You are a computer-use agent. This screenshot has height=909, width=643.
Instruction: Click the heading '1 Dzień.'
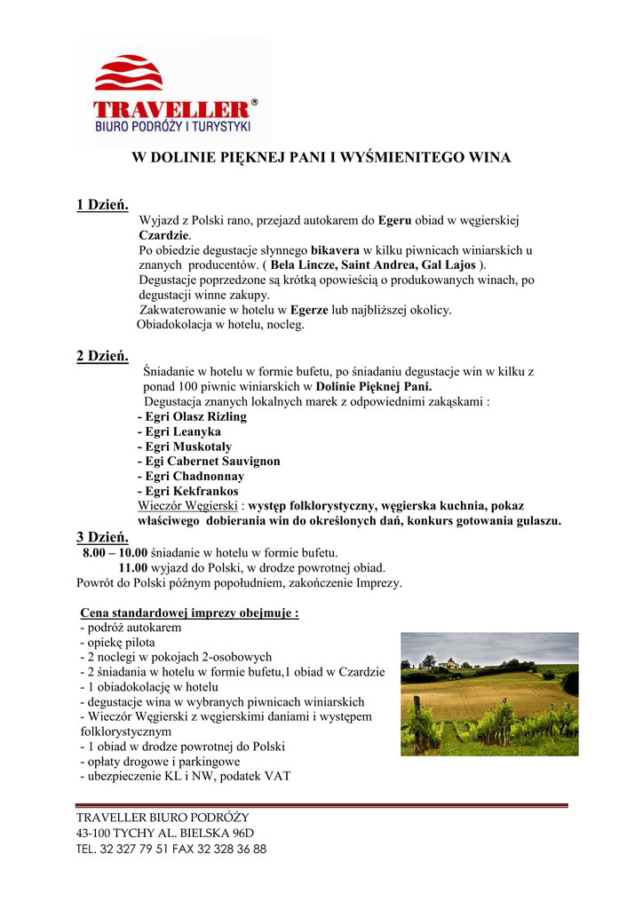coord(103,205)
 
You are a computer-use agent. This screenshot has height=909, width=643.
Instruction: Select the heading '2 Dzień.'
coord(103,356)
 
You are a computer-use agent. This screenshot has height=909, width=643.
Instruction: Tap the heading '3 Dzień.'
coord(103,536)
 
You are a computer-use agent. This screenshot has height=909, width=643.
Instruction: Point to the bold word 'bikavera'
coord(335,250)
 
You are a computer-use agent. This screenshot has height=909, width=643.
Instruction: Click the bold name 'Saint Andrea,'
coord(377,265)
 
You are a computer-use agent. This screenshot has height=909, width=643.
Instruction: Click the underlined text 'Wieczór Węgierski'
coord(187,506)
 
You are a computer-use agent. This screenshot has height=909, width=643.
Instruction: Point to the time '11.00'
coord(133,567)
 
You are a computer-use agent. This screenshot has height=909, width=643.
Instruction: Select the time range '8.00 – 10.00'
coord(115,552)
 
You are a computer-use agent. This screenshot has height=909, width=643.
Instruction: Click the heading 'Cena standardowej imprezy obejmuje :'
coord(189,613)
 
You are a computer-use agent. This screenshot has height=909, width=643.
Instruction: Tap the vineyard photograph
coord(489,693)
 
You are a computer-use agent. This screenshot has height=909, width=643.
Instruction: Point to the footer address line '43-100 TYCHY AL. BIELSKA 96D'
coord(165,833)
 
